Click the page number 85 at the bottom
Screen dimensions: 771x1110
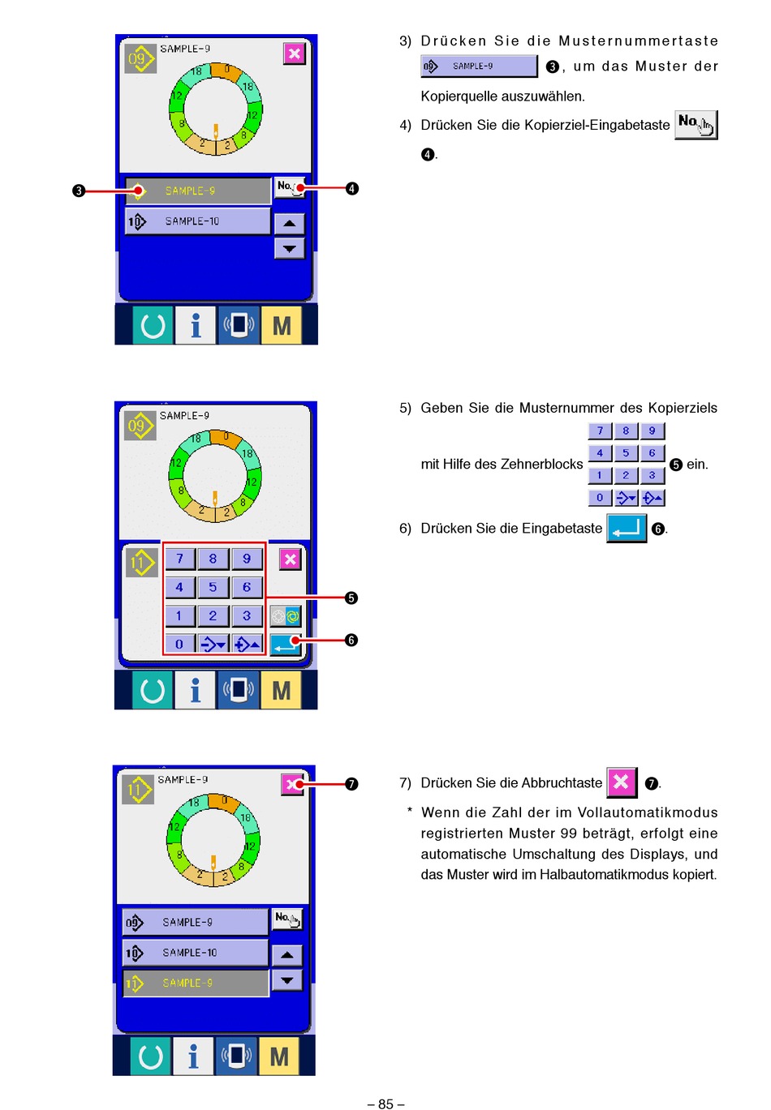[x=385, y=1104]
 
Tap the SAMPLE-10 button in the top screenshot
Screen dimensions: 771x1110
[x=197, y=221]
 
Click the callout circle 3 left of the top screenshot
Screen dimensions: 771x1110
[x=79, y=191]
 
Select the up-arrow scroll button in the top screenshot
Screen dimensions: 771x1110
[x=289, y=223]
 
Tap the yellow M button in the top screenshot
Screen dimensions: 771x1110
[x=281, y=325]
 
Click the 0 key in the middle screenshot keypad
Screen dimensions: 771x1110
[x=179, y=644]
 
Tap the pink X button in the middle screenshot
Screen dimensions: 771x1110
[x=290, y=559]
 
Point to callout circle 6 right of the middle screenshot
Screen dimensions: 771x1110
[x=351, y=640]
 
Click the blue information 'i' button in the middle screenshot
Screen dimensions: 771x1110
[x=195, y=690]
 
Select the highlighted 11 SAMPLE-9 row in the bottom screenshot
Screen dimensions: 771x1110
[x=196, y=983]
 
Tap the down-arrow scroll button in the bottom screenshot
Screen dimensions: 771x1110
[x=286, y=979]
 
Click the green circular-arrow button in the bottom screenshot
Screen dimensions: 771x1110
[x=151, y=1056]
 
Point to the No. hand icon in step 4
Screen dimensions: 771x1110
[x=696, y=124]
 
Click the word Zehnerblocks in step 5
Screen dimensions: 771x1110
[x=541, y=464]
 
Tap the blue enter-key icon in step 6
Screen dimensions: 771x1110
[x=627, y=528]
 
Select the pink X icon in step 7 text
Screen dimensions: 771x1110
[x=622, y=782]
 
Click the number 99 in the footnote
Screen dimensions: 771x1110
[x=568, y=833]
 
